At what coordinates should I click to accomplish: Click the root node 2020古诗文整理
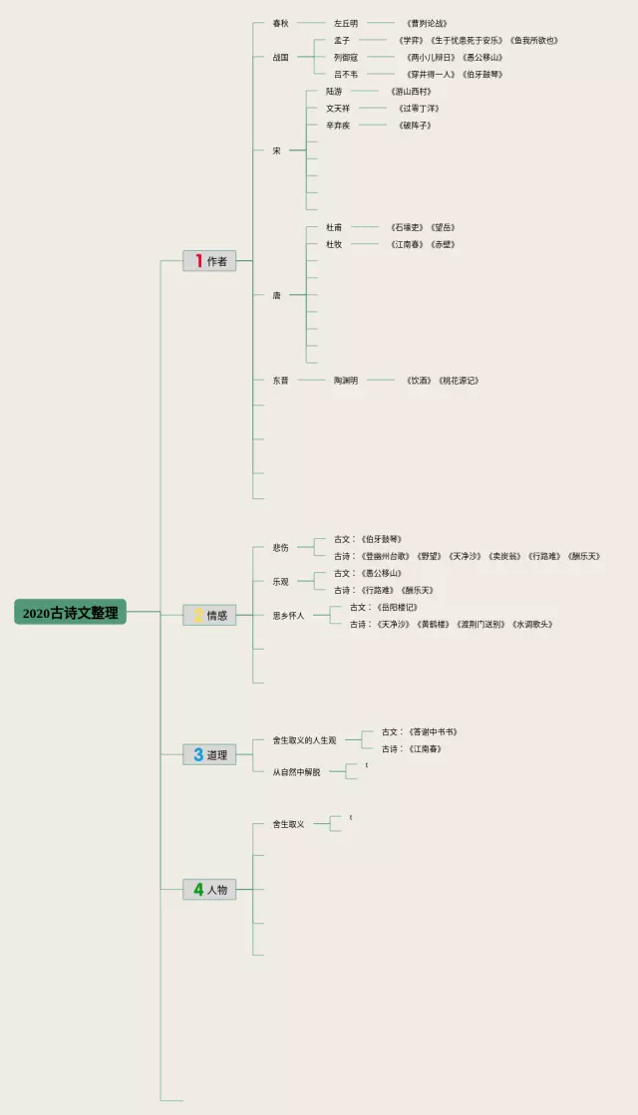70,613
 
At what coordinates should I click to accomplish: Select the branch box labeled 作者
209,261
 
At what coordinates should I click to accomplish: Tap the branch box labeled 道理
209,754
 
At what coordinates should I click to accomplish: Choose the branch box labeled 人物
209,889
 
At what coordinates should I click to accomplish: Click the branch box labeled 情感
209,615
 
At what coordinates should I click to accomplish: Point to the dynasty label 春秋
280,23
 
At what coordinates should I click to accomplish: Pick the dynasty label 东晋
280,381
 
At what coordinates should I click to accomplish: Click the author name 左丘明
346,23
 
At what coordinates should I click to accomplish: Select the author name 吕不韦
346,74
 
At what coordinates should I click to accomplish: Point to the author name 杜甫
334,227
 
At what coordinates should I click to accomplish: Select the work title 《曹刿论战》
427,23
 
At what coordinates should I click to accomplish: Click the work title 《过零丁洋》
419,108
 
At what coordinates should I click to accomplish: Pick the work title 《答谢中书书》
434,731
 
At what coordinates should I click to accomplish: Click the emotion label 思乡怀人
288,616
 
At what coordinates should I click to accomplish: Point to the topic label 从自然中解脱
296,771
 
